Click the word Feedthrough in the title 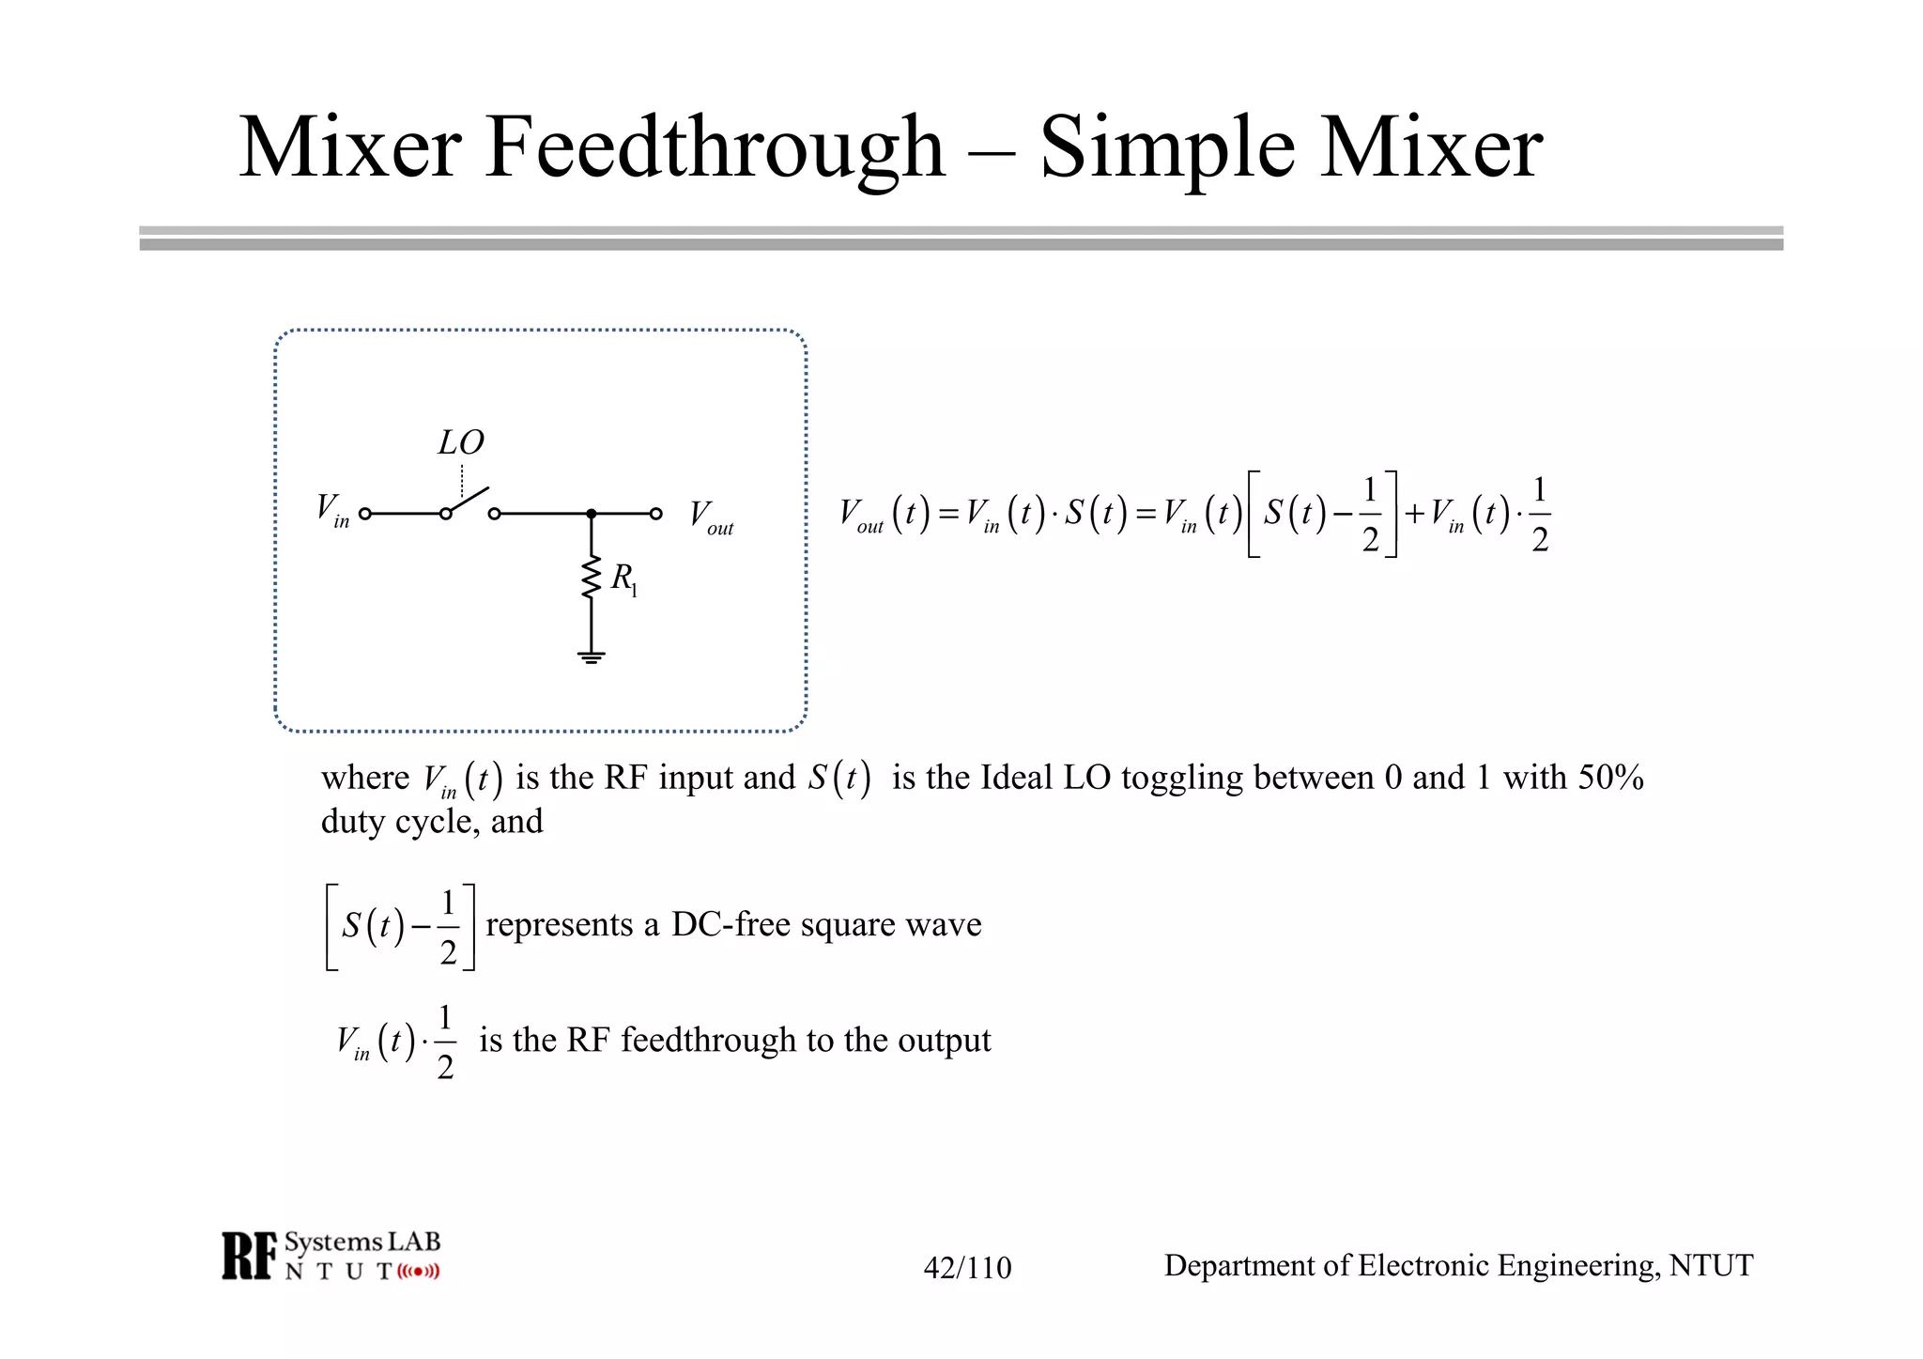714,148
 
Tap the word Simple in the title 1168,148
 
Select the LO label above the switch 461,442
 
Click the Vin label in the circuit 332,511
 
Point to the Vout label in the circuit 711,517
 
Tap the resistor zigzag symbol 591,577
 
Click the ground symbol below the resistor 591,656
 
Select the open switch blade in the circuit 468,502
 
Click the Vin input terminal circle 365,514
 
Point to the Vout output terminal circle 656,514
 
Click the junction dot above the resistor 591,514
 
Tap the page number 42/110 967,1268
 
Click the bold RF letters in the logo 250,1256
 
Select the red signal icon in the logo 418,1272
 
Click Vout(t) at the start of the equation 884,515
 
